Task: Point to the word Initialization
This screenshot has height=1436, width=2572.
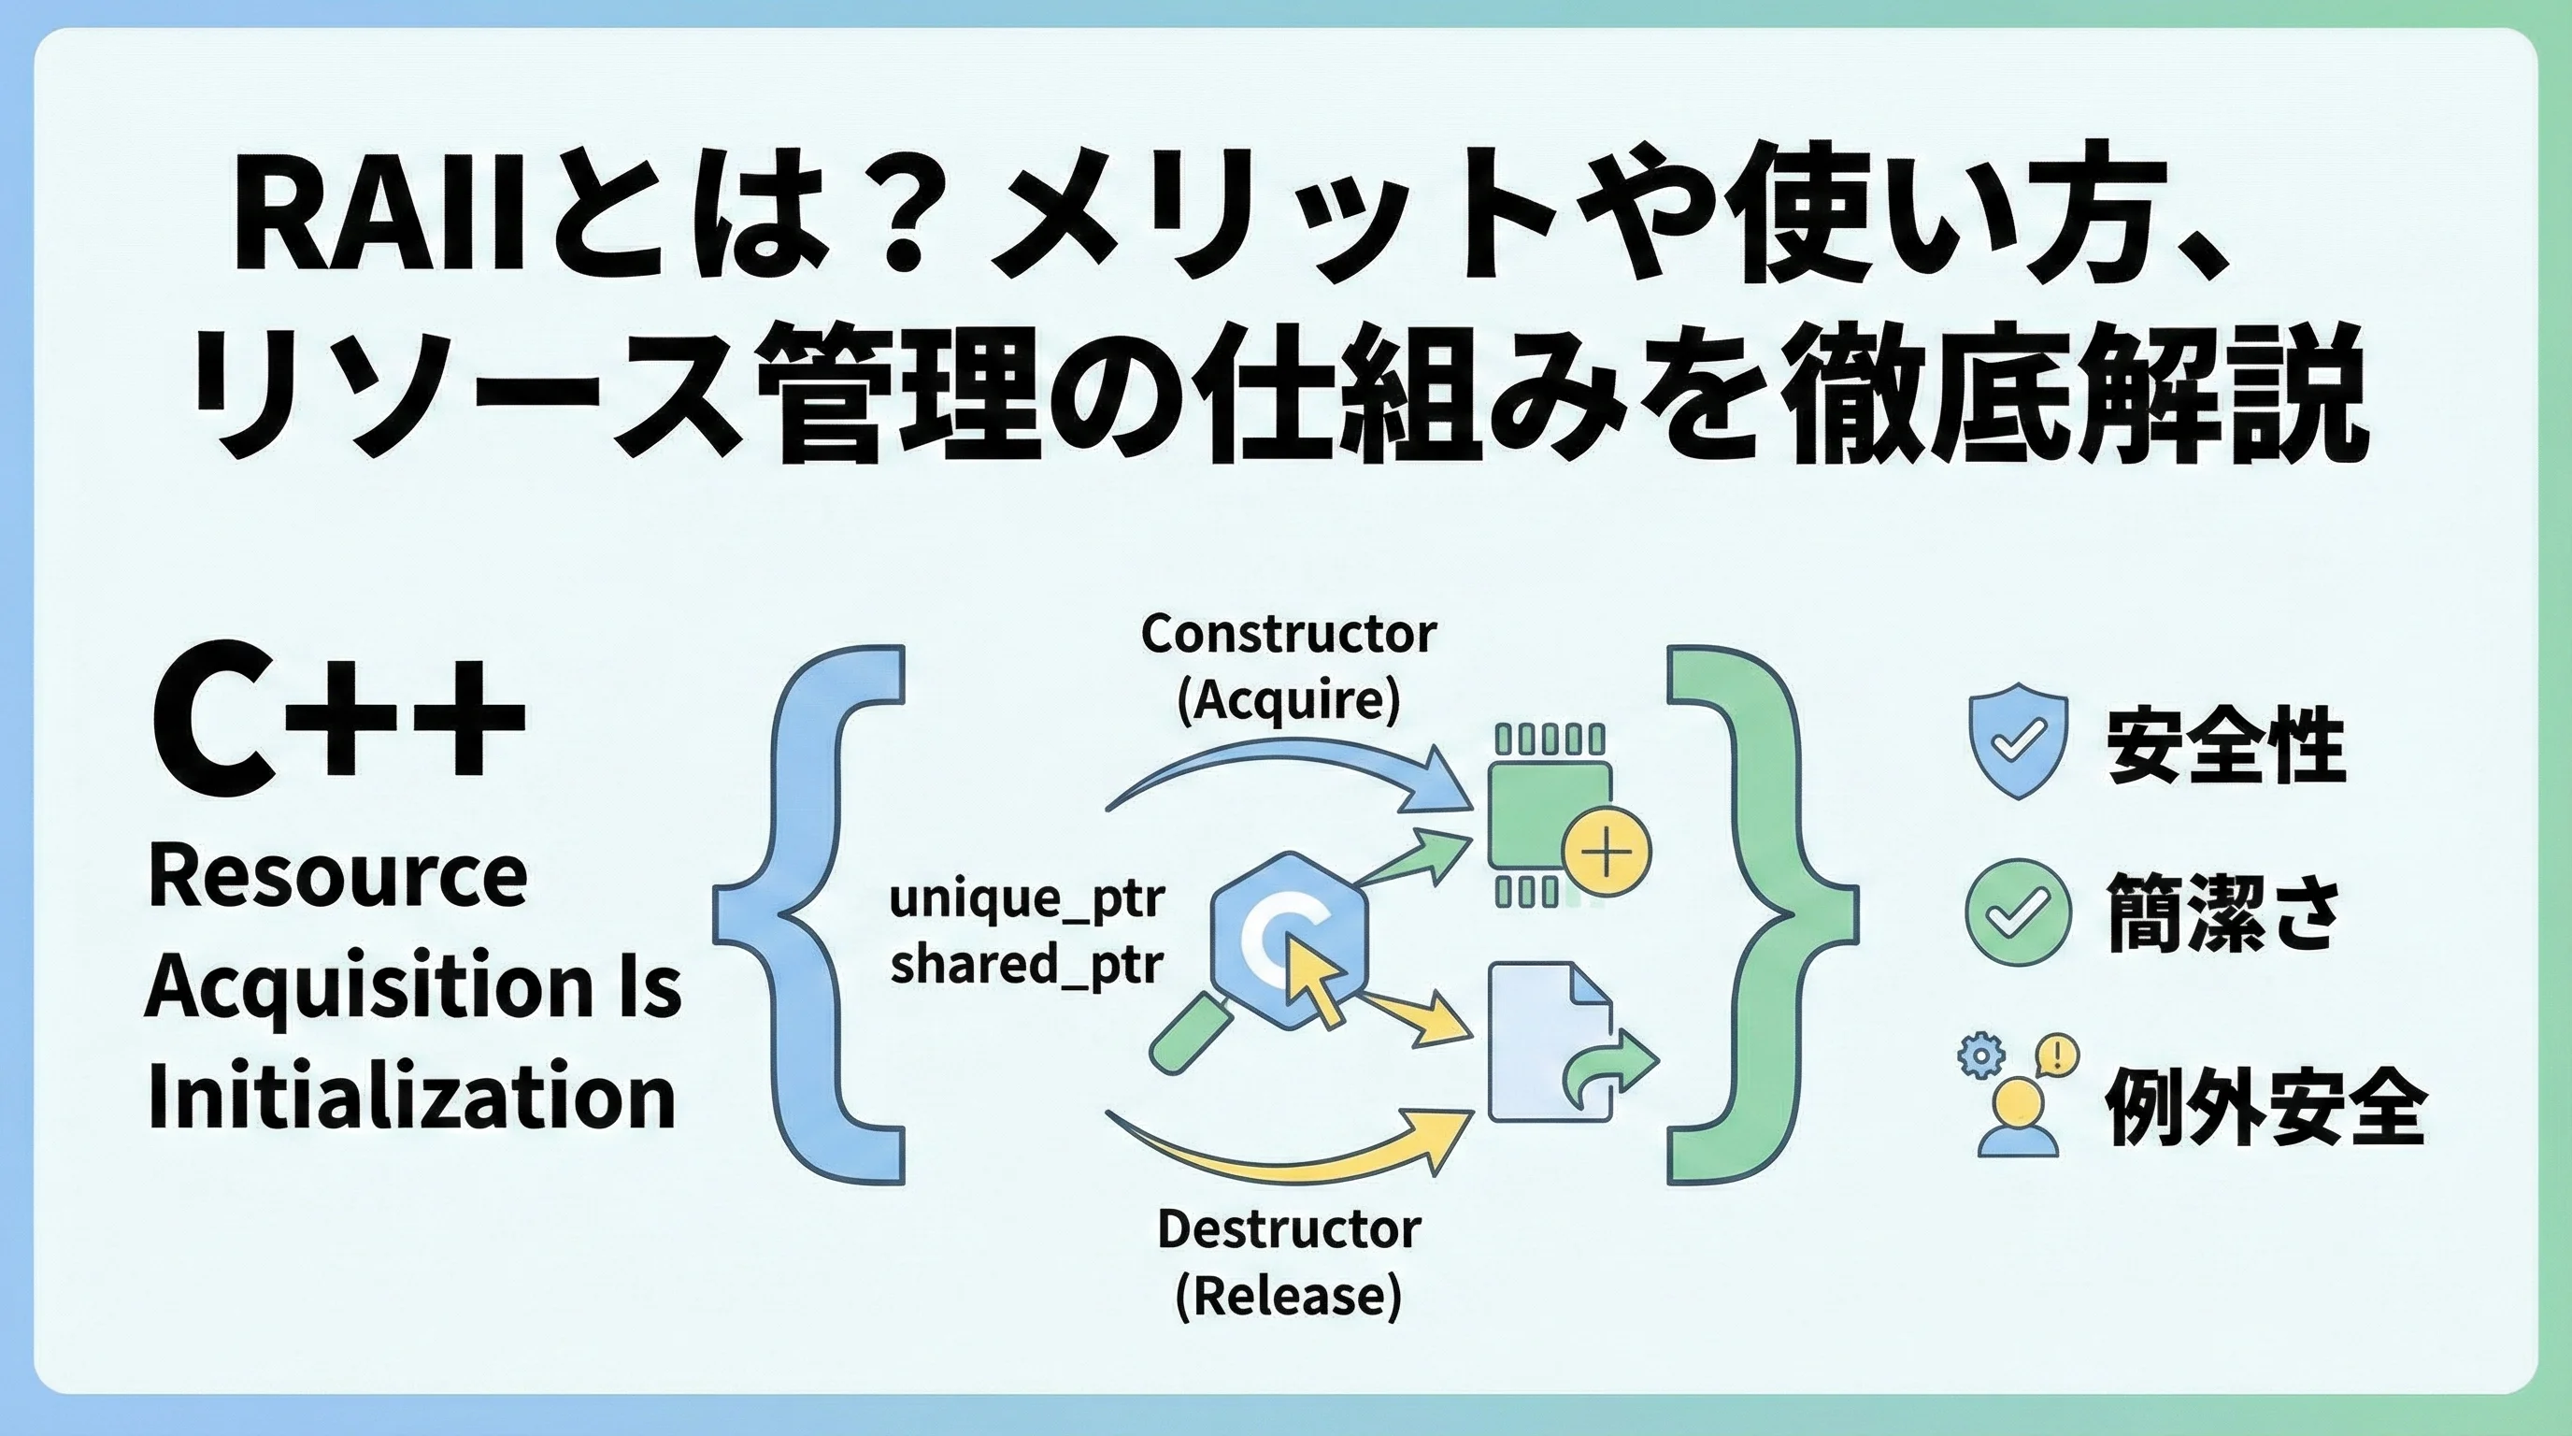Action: point(411,1099)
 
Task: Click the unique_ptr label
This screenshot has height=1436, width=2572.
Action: point(1026,898)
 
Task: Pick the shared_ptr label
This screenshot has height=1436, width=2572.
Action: point(1026,966)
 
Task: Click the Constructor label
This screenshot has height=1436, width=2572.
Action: point(1288,634)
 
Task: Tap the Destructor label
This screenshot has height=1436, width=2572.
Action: point(1288,1229)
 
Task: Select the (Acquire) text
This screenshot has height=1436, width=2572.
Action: point(1288,701)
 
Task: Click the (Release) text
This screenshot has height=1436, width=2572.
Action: point(1288,1296)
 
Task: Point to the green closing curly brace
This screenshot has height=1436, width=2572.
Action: point(1757,913)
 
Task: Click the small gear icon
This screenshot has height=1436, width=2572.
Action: point(1981,1056)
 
